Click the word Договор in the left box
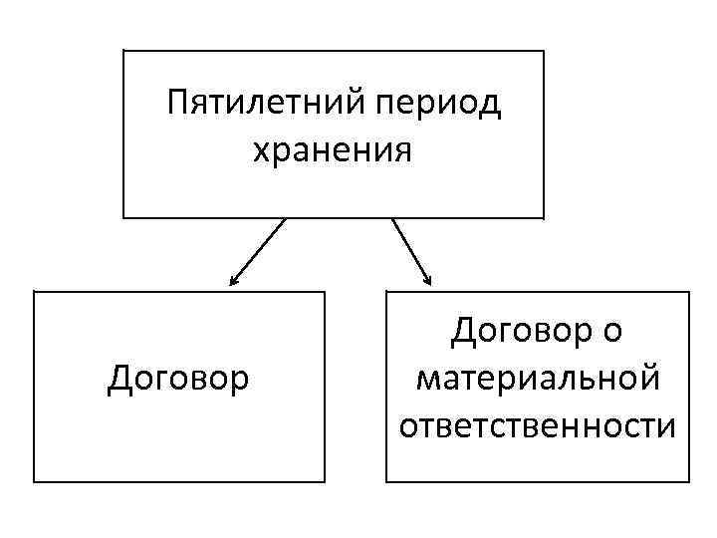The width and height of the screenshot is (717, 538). coord(179,380)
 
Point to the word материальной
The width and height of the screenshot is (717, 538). coord(538,379)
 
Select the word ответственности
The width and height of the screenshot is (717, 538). coord(538,426)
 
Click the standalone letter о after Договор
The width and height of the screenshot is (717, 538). coord(612,331)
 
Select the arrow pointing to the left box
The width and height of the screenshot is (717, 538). coord(257,253)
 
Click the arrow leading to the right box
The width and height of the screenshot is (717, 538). coord(411,252)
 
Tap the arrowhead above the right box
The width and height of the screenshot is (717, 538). coord(428,282)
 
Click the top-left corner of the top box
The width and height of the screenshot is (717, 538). coord(123,51)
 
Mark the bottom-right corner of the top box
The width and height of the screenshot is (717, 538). coord(544,217)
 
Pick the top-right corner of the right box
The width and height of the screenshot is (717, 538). coord(689,292)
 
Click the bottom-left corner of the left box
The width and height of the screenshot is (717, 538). coord(34,482)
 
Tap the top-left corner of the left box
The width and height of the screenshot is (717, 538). coord(34,292)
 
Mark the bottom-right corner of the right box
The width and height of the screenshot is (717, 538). coord(689,482)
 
